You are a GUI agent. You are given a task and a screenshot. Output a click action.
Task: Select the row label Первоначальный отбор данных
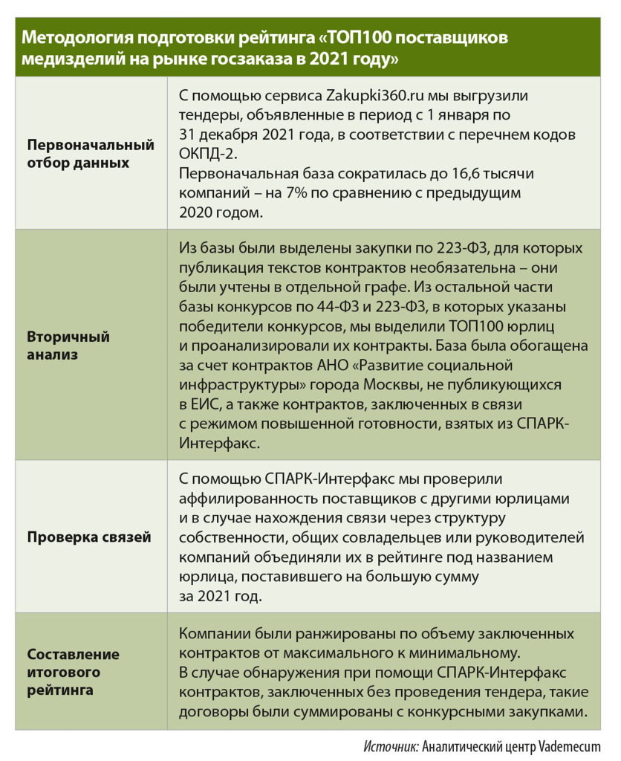91,154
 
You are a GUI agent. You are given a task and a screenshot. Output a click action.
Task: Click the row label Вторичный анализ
68,346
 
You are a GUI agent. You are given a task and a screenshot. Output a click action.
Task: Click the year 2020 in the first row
196,211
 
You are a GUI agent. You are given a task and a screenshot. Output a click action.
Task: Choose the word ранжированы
345,634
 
